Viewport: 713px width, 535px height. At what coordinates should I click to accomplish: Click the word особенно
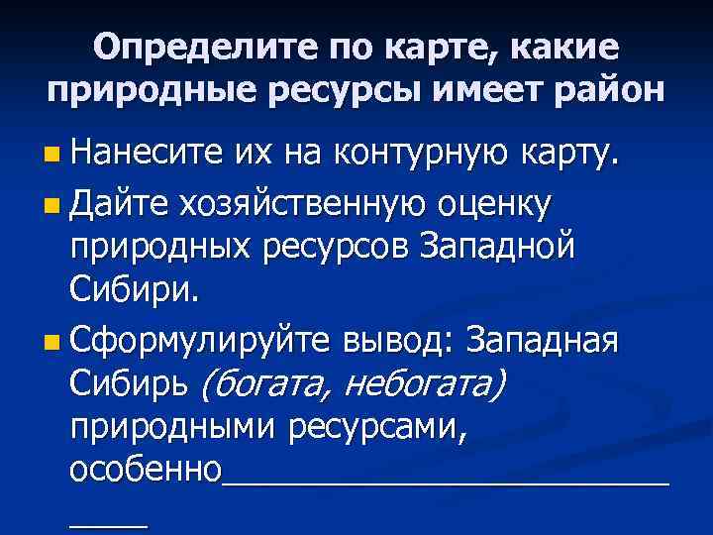click(x=146, y=470)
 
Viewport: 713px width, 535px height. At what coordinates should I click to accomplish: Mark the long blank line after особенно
click(x=446, y=481)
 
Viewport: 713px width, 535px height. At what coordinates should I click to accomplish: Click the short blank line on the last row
click(x=108, y=523)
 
